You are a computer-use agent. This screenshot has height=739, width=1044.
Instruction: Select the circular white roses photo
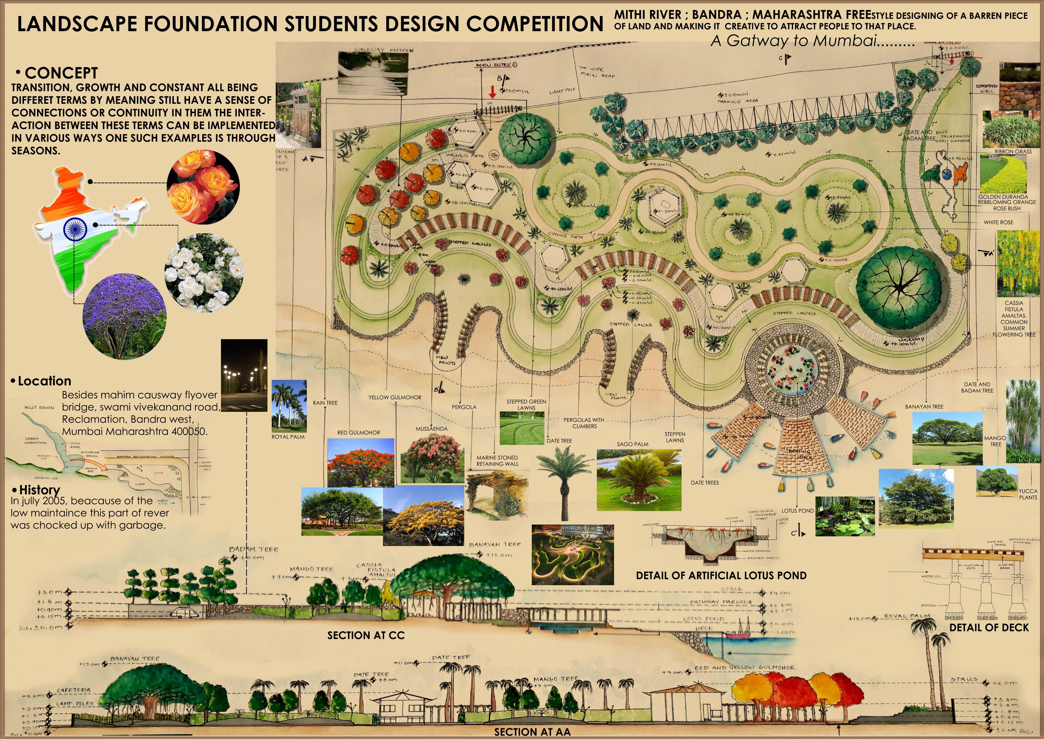[x=204, y=273]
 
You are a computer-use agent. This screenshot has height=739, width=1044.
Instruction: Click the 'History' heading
[x=39, y=490]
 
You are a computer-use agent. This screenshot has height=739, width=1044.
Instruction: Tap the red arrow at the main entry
[x=492, y=92]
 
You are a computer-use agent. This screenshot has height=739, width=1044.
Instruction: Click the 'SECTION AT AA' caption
[x=532, y=732]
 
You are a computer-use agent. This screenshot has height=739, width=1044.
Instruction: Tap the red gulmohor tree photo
[x=360, y=462]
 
